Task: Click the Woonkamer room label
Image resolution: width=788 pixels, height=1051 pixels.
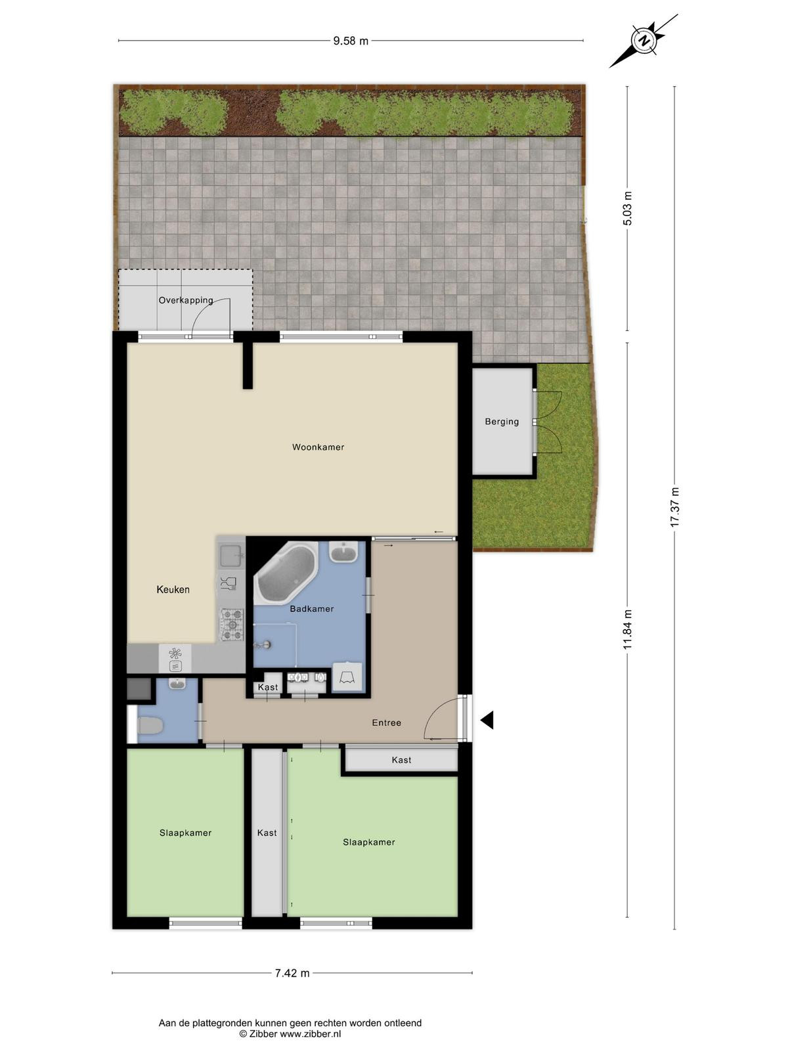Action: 318,447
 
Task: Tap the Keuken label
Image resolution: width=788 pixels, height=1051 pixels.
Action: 173,589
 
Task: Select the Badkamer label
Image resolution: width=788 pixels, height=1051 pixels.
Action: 312,609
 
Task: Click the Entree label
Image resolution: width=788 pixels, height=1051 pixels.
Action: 387,723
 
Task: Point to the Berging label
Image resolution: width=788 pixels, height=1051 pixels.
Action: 502,422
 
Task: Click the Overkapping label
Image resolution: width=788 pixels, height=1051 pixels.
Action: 186,300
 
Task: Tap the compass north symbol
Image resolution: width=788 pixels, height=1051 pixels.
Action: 644,40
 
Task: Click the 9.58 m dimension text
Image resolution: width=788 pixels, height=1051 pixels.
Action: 351,41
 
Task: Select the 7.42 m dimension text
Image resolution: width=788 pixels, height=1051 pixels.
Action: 292,973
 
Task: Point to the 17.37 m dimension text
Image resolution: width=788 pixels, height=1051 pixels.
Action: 674,507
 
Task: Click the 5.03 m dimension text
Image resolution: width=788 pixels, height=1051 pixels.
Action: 628,208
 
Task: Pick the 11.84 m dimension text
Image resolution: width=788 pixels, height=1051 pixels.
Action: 628,630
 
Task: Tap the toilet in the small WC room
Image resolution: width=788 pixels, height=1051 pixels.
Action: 149,726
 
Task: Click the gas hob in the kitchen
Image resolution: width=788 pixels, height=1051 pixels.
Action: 232,625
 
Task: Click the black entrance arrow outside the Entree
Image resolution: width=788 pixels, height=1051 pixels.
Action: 487,720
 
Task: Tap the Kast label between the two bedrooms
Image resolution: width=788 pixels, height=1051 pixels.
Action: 267,833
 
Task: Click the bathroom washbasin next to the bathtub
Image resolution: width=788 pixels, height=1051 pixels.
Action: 343,552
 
